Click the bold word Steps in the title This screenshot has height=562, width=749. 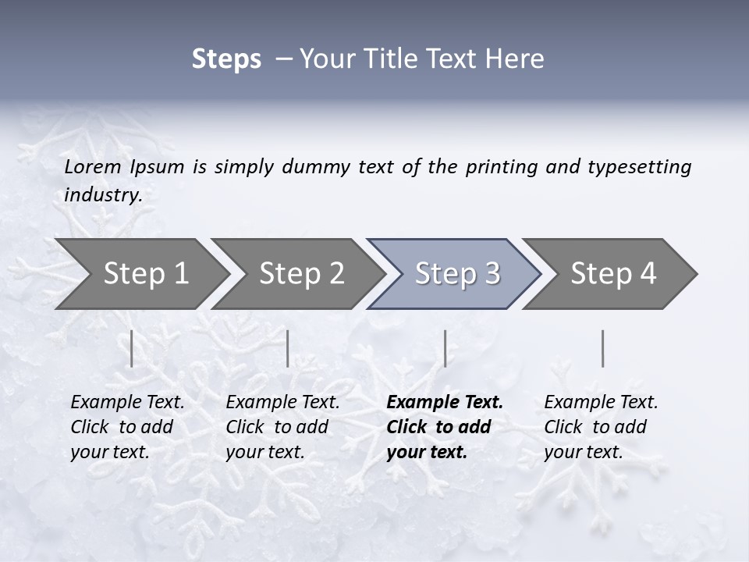(x=226, y=59)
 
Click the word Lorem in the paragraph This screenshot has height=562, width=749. (x=93, y=167)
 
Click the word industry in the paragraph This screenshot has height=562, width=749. (x=102, y=195)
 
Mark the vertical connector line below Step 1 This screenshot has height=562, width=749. (x=132, y=348)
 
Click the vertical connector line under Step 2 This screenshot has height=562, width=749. (x=288, y=348)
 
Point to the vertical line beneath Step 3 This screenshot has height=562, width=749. (x=445, y=348)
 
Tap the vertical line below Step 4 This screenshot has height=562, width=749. (x=602, y=348)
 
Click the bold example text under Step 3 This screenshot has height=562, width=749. (x=444, y=427)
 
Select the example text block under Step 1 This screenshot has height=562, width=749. (x=127, y=427)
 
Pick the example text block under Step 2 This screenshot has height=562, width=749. (x=282, y=427)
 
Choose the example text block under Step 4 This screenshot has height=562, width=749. (x=601, y=427)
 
